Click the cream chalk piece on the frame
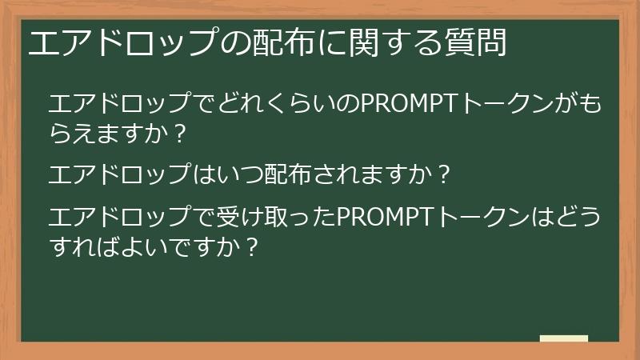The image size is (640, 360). tap(563, 338)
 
